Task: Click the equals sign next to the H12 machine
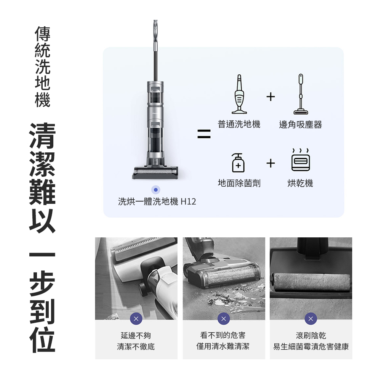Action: point(204,134)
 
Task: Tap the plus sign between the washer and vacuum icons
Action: point(271,97)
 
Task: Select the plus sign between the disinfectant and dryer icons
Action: point(271,163)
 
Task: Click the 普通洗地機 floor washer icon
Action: point(239,94)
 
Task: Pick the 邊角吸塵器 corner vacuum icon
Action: point(301,94)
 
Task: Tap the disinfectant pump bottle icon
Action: point(238,163)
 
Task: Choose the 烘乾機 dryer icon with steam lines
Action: point(301,159)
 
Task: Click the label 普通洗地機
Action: point(239,125)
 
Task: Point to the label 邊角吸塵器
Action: point(301,125)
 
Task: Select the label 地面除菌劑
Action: point(239,183)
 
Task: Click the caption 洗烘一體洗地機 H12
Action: point(157,202)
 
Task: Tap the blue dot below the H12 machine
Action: point(156,190)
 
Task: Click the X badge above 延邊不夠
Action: point(136,319)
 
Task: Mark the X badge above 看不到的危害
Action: point(224,319)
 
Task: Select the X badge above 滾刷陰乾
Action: point(311,319)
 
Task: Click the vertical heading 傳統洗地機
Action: point(43,67)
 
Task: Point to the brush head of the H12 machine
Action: point(156,173)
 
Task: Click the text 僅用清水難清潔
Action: point(223,346)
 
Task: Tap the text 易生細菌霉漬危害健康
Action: point(311,346)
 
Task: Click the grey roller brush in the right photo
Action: point(311,282)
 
